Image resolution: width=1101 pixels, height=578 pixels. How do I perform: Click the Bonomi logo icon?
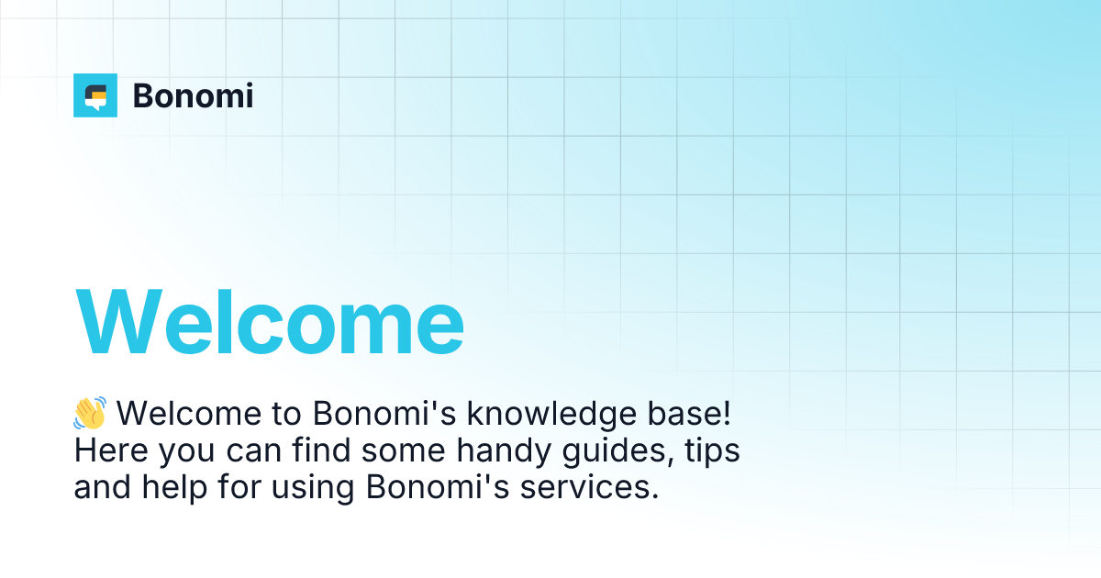pyautogui.click(x=95, y=95)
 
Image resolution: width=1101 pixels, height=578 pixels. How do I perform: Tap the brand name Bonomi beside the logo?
pyautogui.click(x=193, y=95)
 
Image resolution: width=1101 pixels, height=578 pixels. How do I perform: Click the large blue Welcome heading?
pyautogui.click(x=269, y=322)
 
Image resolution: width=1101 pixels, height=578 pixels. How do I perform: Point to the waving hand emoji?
pyautogui.click(x=90, y=414)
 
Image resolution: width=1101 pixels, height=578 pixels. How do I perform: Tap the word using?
pyautogui.click(x=313, y=487)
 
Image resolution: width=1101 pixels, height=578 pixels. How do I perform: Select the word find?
pyautogui.click(x=317, y=450)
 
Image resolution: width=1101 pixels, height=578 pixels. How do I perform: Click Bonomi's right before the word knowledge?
pyautogui.click(x=384, y=414)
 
